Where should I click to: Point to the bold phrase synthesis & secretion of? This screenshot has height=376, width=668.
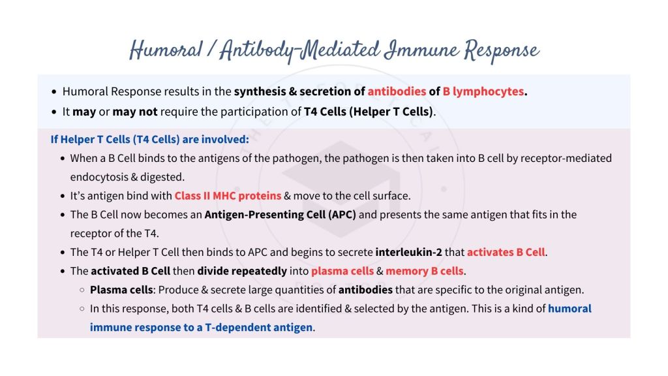coord(299,92)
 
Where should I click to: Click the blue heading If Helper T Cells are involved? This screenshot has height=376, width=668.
coord(150,139)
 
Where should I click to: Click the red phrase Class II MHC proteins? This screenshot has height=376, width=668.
coord(228,196)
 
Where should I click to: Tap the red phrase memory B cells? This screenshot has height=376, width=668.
coord(425,271)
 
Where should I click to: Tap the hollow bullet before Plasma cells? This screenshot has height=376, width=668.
coord(82,290)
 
